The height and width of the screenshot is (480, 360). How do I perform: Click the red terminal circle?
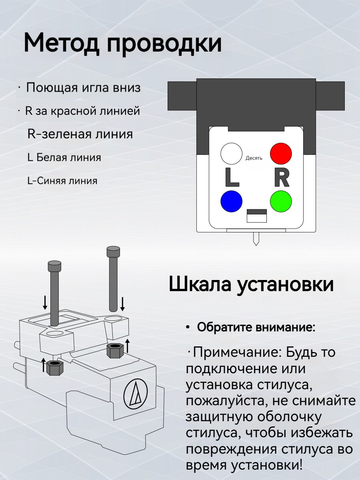click(x=281, y=153)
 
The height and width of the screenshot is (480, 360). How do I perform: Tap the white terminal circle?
click(x=232, y=154)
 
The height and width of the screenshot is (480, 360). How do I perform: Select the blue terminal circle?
click(x=232, y=201)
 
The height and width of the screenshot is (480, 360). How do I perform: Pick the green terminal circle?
click(x=281, y=201)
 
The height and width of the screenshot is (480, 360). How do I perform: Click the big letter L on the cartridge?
click(x=232, y=178)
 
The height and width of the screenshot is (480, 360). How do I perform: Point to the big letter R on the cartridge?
click(x=281, y=178)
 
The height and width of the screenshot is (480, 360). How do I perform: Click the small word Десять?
click(x=254, y=158)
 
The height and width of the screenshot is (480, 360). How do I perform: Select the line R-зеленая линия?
click(x=80, y=134)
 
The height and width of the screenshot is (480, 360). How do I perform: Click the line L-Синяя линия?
click(x=62, y=181)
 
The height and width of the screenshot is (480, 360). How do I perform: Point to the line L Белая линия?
click(x=64, y=157)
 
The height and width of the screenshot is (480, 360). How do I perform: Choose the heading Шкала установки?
click(x=251, y=284)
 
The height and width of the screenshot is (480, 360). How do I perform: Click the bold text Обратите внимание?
click(x=256, y=328)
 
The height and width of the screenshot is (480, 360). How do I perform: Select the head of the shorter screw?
click(x=54, y=266)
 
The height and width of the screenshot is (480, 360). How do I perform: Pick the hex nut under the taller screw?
click(x=115, y=350)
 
